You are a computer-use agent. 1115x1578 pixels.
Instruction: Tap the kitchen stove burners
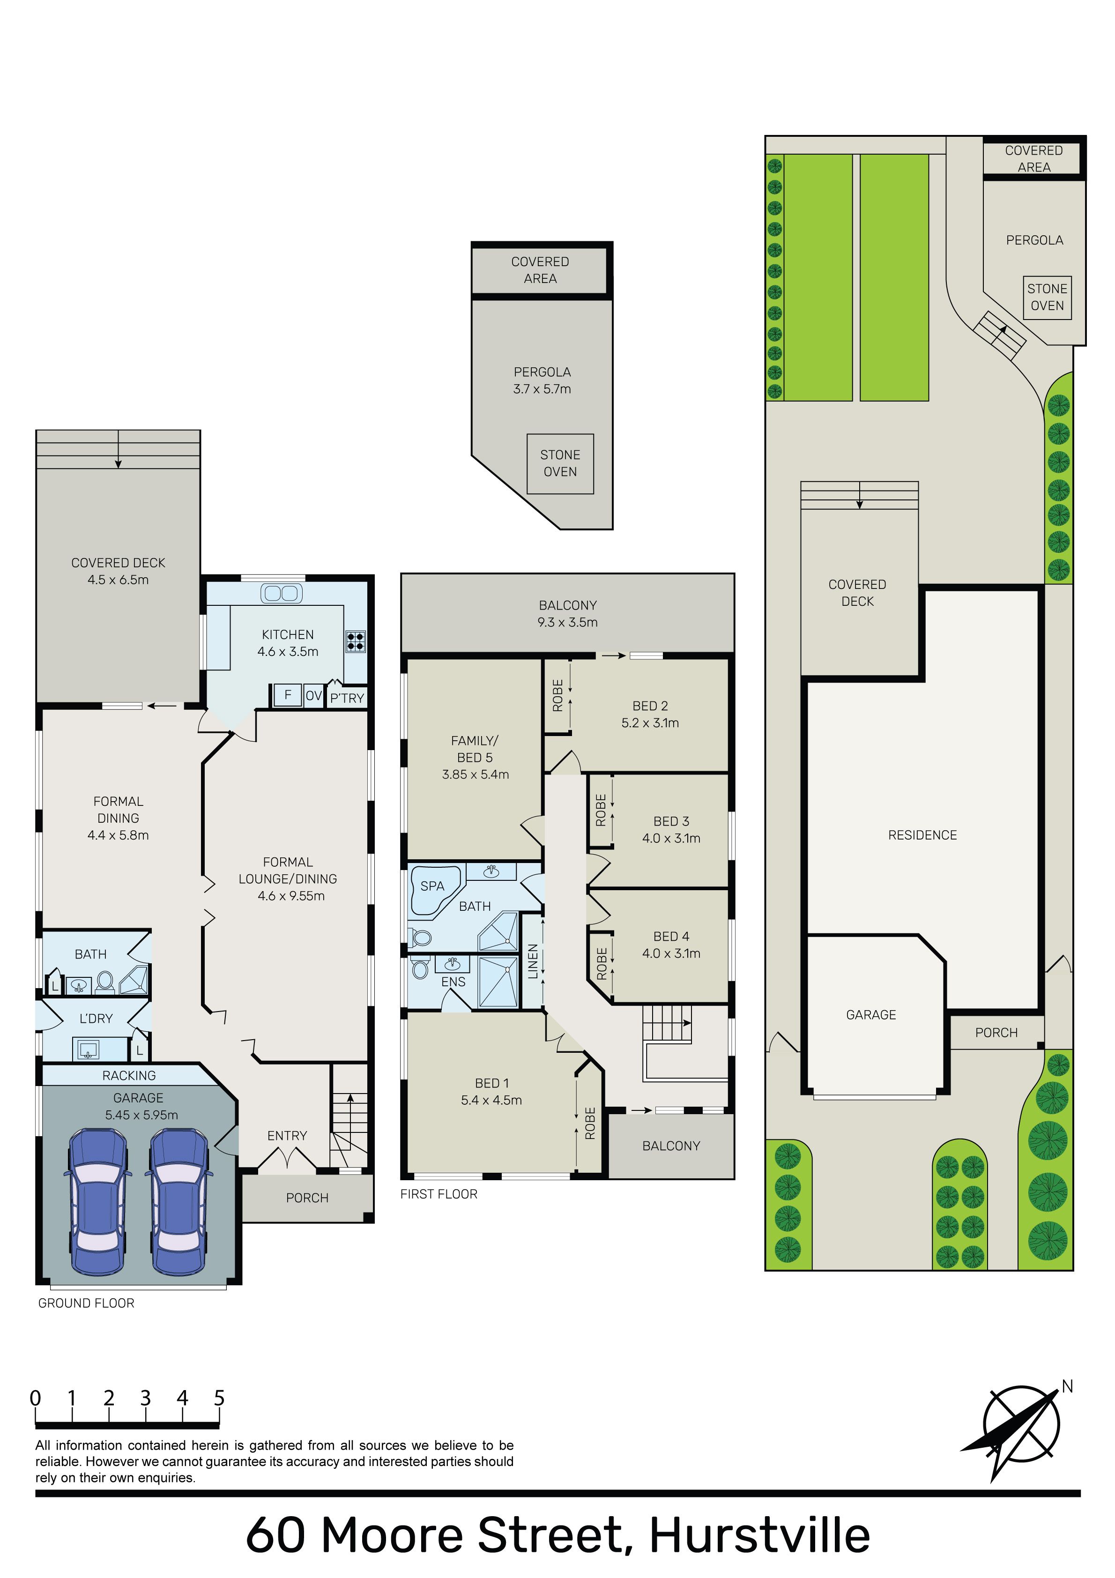[x=356, y=640]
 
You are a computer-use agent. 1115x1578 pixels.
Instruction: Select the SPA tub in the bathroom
[x=434, y=891]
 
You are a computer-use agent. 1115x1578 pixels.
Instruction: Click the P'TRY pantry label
[x=347, y=698]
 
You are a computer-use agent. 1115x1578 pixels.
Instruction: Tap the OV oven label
[x=313, y=696]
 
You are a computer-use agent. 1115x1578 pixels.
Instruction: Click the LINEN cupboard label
[x=533, y=961]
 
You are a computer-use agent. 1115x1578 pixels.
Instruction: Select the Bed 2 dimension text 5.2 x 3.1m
[x=650, y=722]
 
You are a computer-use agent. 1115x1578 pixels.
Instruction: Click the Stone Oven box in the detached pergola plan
[x=560, y=463]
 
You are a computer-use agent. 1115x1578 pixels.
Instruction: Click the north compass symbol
[x=1021, y=1429]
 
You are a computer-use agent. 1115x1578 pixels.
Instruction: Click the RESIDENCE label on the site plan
[x=922, y=835]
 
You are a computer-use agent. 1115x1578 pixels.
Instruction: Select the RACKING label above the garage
[x=129, y=1076]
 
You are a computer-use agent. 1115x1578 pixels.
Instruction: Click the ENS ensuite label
[x=453, y=982]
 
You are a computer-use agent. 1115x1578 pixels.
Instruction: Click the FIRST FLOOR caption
[x=439, y=1194]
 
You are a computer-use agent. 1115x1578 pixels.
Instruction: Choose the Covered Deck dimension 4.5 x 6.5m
[x=118, y=580]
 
